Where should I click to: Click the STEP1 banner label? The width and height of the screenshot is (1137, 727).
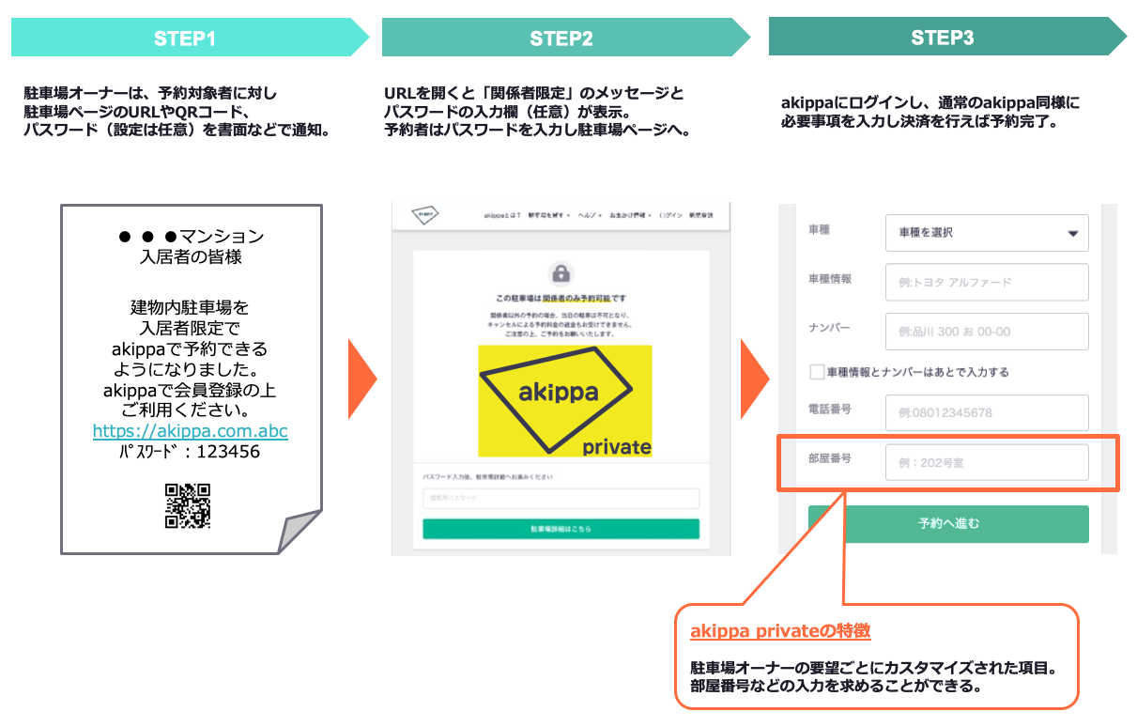pyautogui.click(x=185, y=39)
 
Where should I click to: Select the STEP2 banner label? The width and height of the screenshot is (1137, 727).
pyautogui.click(x=561, y=39)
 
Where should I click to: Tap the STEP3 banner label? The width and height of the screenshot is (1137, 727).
pyautogui.click(x=942, y=38)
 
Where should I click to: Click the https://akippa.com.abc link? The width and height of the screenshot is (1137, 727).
pyautogui.click(x=190, y=431)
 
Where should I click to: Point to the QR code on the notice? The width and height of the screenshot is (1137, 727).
pyautogui.click(x=188, y=505)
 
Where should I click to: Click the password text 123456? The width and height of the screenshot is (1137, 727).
pyautogui.click(x=228, y=452)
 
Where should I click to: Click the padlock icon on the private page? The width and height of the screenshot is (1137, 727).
pyautogui.click(x=561, y=274)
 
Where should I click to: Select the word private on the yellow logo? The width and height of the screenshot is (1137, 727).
pyautogui.click(x=616, y=446)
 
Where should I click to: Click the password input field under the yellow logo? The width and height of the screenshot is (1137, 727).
pyautogui.click(x=561, y=498)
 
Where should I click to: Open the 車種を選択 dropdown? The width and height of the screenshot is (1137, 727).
pyautogui.click(x=986, y=233)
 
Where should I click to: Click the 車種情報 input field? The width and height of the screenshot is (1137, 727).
pyautogui.click(x=986, y=282)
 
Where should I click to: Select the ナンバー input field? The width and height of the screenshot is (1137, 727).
pyautogui.click(x=986, y=332)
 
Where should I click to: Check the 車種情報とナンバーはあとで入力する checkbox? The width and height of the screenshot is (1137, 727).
pyautogui.click(x=817, y=372)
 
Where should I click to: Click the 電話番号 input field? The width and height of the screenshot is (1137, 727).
pyautogui.click(x=986, y=412)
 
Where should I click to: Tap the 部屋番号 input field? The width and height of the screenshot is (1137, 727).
pyautogui.click(x=986, y=462)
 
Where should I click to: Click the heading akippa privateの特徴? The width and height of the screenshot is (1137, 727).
pyautogui.click(x=780, y=631)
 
